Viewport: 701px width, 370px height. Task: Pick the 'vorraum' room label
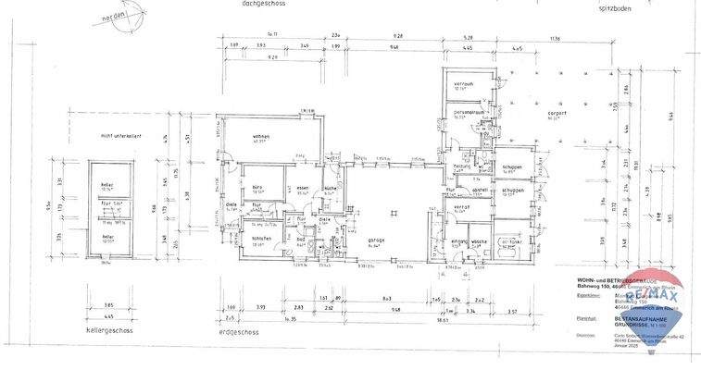click(x=463, y=84)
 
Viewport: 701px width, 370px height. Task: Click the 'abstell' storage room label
click(x=480, y=190)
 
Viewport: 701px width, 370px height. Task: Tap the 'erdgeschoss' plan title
click(x=242, y=331)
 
